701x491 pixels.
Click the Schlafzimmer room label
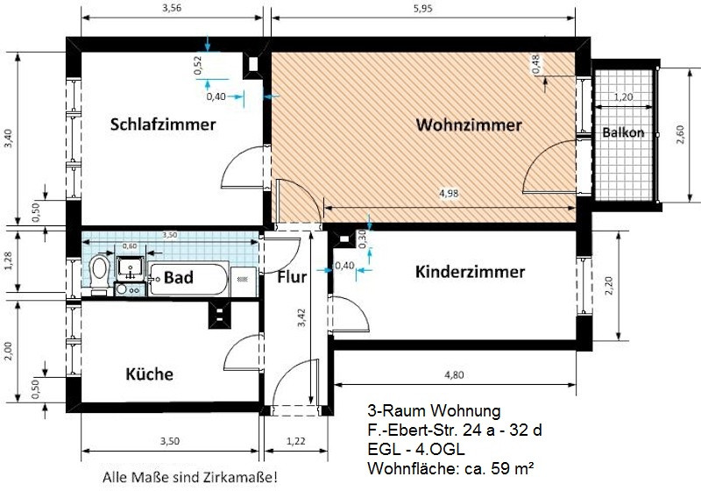(163, 125)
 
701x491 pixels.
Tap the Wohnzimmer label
(469, 125)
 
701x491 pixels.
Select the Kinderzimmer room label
(470, 272)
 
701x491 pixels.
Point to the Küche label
(149, 374)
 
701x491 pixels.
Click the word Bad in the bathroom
(179, 277)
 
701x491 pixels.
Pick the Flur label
(292, 277)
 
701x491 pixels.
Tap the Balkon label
(623, 132)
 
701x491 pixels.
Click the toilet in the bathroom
(100, 273)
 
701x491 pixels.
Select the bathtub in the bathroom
(188, 279)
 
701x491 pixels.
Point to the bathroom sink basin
(130, 268)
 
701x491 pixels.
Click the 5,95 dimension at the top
(423, 9)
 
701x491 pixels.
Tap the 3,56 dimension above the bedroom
(172, 8)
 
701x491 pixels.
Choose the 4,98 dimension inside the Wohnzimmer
(449, 194)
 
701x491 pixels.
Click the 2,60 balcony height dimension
(680, 134)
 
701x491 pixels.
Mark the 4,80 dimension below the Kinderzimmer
(454, 375)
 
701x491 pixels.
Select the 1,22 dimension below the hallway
(295, 441)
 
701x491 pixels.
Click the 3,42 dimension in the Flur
(301, 317)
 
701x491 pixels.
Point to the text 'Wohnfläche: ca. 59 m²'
(450, 468)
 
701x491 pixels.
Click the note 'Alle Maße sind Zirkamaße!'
(190, 477)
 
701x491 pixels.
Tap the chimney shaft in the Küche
(220, 315)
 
